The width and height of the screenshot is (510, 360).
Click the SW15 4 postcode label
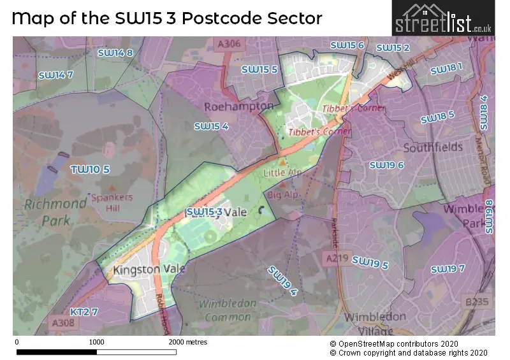(211, 127)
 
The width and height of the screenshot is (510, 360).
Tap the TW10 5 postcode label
(90, 169)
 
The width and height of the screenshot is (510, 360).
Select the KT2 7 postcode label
(84, 312)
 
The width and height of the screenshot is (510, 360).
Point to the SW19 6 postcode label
(386, 166)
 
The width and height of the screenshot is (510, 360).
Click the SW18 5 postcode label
(437, 118)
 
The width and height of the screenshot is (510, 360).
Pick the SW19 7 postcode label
(448, 269)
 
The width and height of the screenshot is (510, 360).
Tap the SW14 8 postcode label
(115, 53)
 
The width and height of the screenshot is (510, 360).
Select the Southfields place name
(433, 147)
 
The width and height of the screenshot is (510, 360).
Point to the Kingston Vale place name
(149, 270)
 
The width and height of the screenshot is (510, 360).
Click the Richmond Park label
(55, 213)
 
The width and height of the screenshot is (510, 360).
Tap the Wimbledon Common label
(224, 310)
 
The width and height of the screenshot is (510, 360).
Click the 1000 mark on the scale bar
(96, 342)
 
